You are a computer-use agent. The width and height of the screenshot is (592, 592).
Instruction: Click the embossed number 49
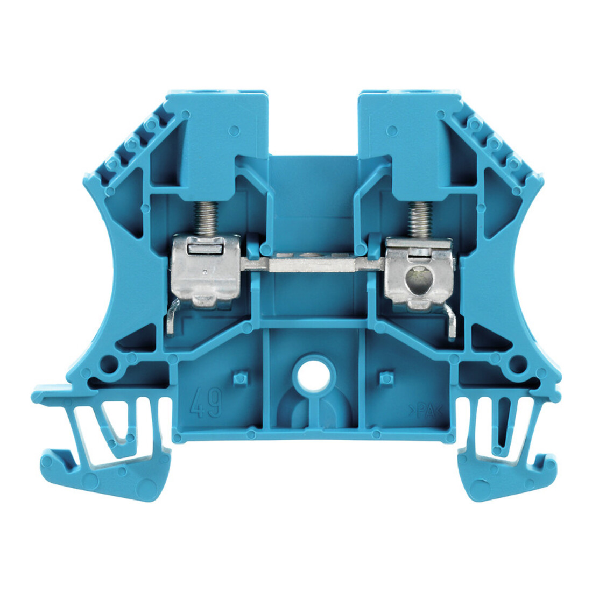[206, 405]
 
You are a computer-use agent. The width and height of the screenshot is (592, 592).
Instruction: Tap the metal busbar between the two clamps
[312, 264]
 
